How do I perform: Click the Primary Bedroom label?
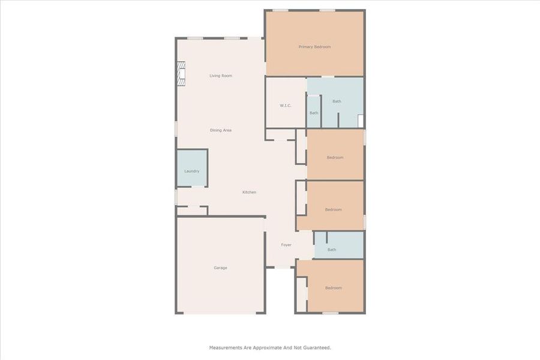[x=314, y=47]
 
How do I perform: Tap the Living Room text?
[x=220, y=76]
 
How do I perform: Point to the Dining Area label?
[x=220, y=130]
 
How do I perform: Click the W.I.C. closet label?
[x=285, y=106]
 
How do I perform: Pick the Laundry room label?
[x=191, y=171]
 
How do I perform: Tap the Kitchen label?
[x=249, y=192]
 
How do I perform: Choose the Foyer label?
[x=286, y=245]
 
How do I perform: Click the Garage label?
[x=220, y=268]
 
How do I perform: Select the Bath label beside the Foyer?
[x=332, y=250]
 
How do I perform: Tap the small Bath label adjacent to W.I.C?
[x=314, y=113]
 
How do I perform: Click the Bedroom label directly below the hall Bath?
[x=333, y=288]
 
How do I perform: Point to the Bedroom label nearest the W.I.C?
[x=335, y=158]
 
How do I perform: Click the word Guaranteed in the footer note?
[x=316, y=347]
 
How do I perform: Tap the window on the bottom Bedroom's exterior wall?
[x=330, y=313]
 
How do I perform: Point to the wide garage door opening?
[x=220, y=313]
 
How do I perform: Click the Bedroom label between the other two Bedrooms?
[x=333, y=209]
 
